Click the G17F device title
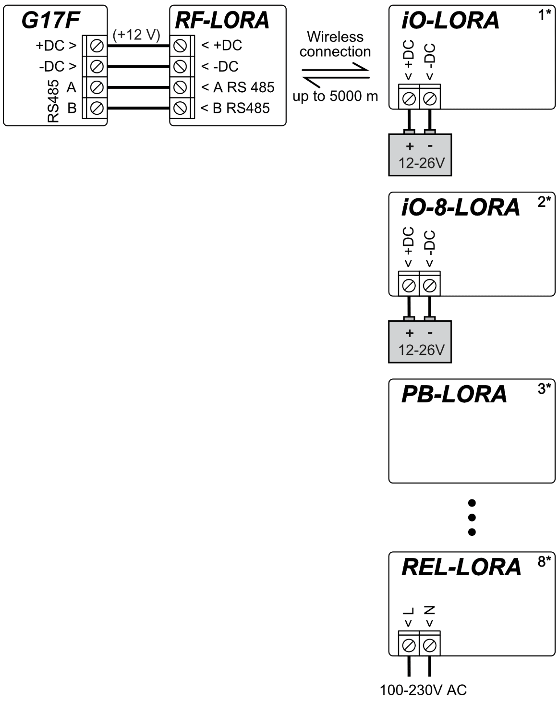coord(50,20)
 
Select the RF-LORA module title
coord(222,20)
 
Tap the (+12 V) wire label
coord(136,35)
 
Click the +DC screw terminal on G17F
coord(97,46)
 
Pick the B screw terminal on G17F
coord(97,108)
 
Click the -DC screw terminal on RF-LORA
coord(180,66)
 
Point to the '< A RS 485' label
coord(238,87)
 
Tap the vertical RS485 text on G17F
coord(53,101)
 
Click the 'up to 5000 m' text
coord(335,97)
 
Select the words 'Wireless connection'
coord(335,44)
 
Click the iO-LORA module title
coord(450,20)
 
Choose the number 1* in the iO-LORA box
coord(544,15)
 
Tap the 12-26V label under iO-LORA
coord(421,163)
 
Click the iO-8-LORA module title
coord(461,207)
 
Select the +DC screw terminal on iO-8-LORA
coord(409,286)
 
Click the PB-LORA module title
coord(454,394)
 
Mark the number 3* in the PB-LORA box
coord(544,388)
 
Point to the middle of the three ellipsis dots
coord(472,518)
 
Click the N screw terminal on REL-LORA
coord(430,646)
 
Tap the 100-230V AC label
coord(423,690)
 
